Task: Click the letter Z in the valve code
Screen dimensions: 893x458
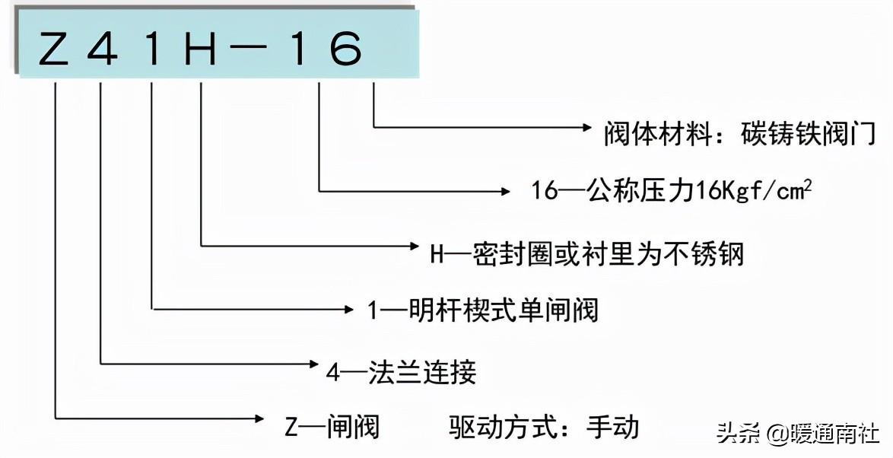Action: click(55, 49)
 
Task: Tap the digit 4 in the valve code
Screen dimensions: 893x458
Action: click(103, 49)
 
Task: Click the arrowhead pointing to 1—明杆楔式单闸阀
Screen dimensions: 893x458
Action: click(351, 308)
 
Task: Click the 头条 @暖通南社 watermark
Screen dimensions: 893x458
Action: click(798, 434)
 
